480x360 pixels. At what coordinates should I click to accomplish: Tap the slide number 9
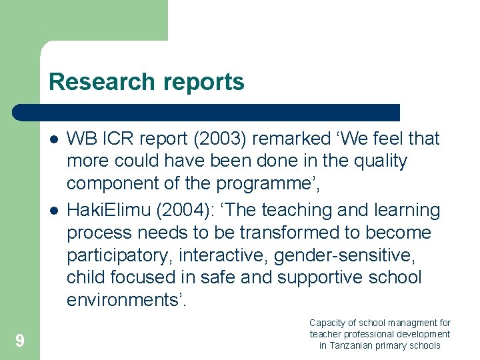pos(20,341)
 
